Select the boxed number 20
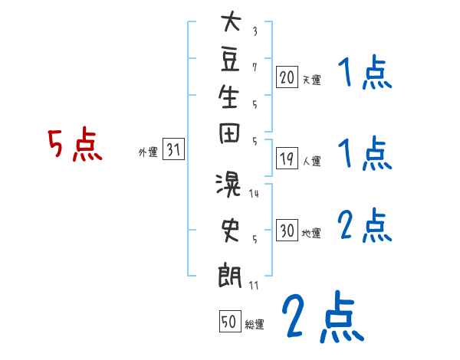[x=287, y=77]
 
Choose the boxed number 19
[x=287, y=159]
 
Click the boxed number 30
[x=287, y=231]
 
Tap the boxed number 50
[x=229, y=322]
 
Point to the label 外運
[x=148, y=152]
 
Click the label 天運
[x=311, y=79]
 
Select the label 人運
[x=311, y=162]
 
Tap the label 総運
[x=255, y=324]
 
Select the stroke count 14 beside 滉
[x=254, y=194]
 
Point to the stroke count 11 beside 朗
[x=254, y=285]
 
